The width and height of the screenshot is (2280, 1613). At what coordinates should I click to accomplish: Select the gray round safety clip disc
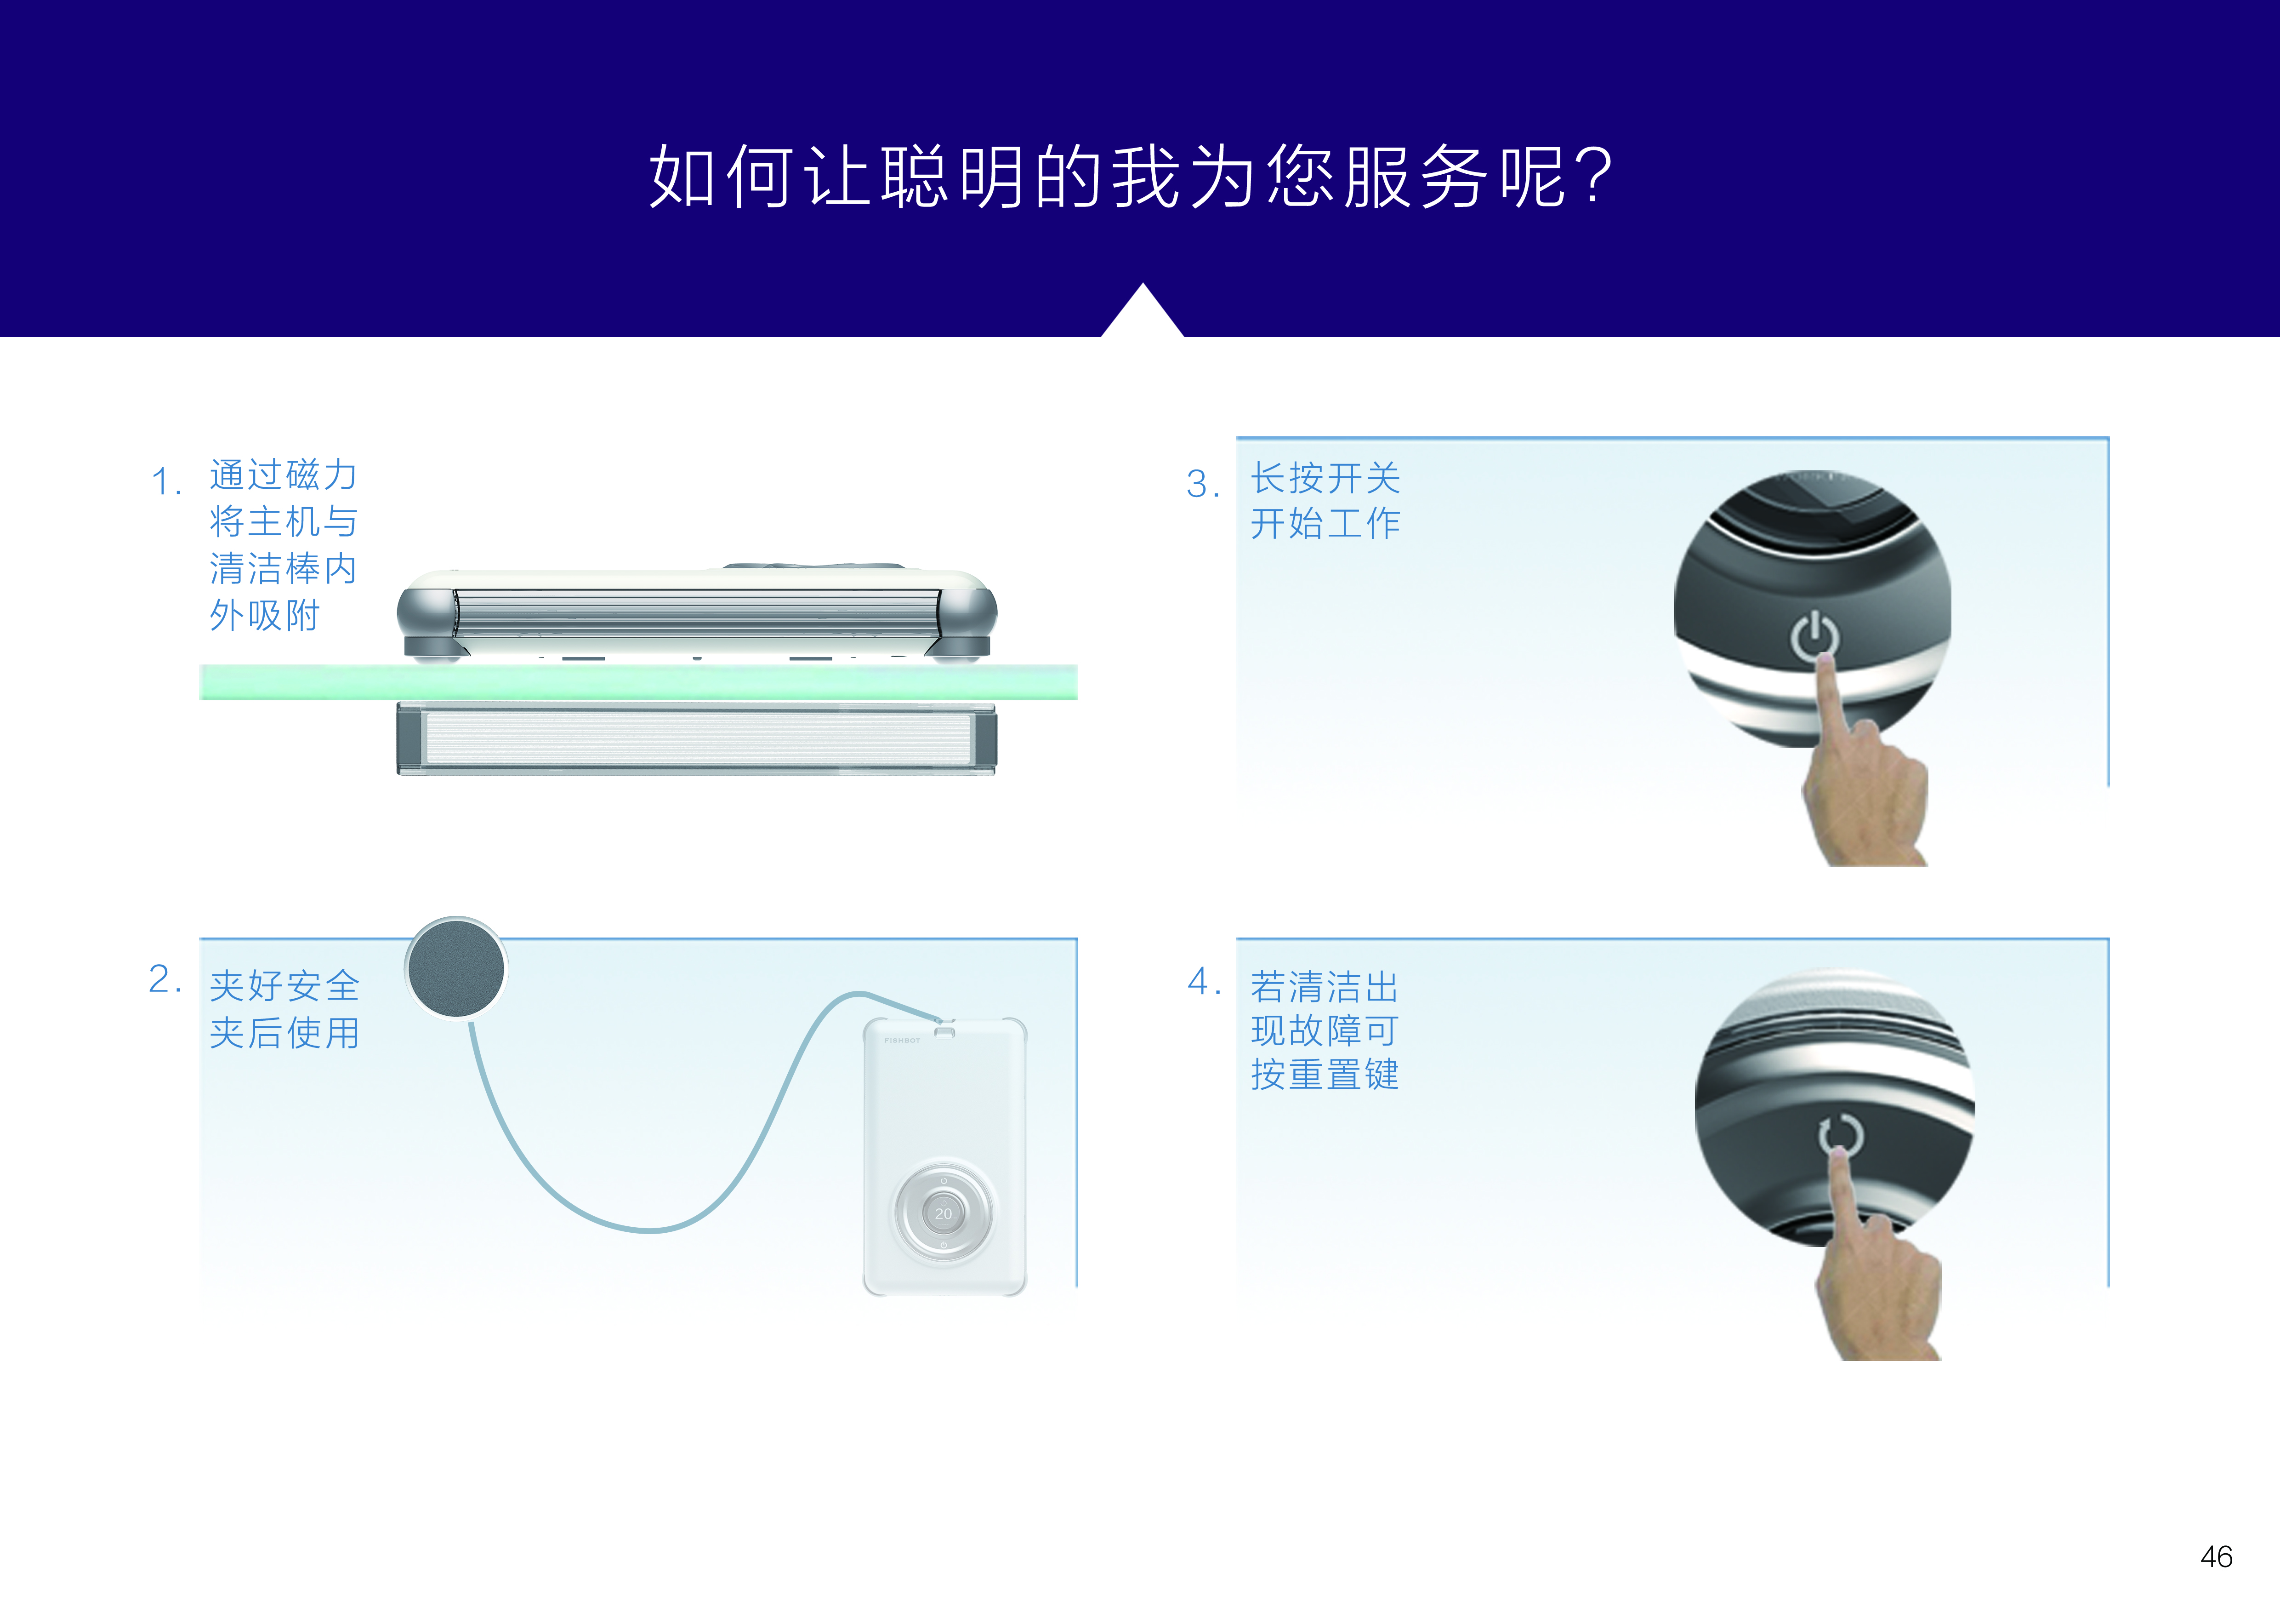456,967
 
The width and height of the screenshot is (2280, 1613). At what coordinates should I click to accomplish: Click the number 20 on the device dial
944,1214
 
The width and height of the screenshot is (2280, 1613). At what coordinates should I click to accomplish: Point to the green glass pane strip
638,682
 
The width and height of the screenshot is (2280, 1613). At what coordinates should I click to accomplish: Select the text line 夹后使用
285,1033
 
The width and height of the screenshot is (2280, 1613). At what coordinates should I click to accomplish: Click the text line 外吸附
265,616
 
